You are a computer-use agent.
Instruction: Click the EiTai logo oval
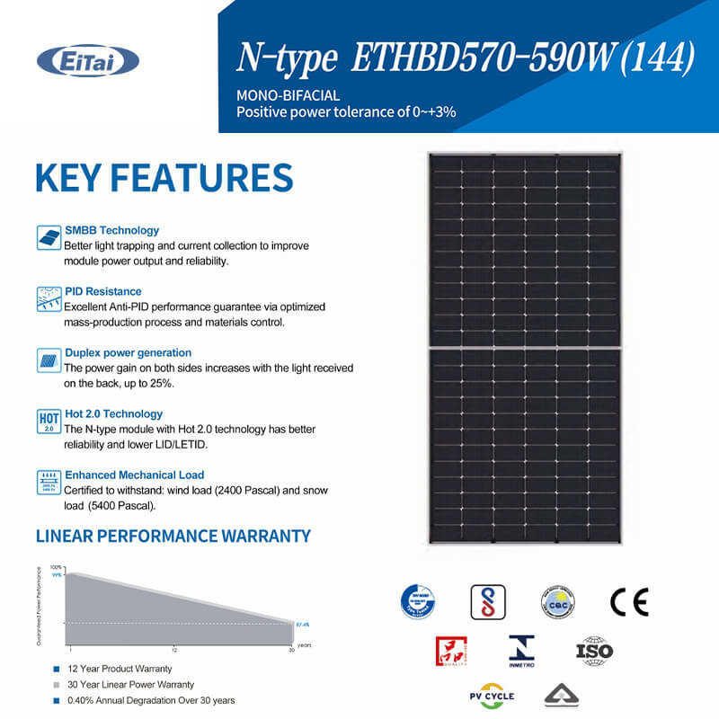87,61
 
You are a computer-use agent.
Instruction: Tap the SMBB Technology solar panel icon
49,238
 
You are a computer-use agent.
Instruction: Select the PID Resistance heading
102,291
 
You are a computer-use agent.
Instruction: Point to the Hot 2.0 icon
49,421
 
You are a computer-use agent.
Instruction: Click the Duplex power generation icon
49,359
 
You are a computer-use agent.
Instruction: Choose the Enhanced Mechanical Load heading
134,475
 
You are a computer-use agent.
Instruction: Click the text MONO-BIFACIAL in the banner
275,95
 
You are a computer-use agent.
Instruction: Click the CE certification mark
628,601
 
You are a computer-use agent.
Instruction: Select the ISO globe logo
594,650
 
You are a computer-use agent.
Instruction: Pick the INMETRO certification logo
521,650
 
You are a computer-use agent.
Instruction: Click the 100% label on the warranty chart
57,568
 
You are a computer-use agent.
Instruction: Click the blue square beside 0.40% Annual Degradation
56,700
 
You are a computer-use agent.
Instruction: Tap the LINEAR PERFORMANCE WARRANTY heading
173,537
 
